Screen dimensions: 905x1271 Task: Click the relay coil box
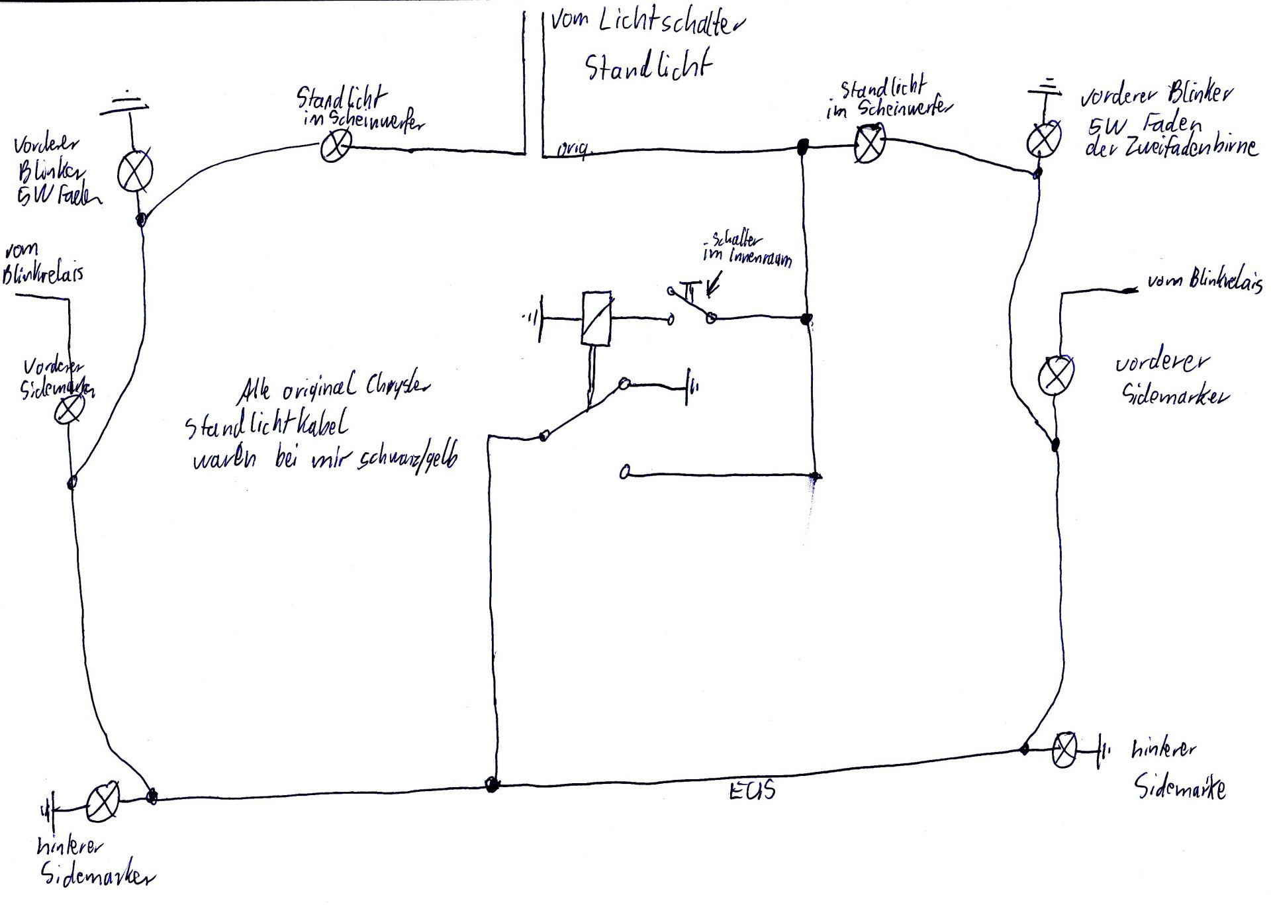point(596,318)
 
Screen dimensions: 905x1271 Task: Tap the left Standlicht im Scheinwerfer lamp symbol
point(336,147)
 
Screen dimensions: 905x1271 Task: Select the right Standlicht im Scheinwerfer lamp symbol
point(869,144)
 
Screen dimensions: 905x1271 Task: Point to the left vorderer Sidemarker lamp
point(68,410)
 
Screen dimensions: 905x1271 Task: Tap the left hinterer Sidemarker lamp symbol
point(103,800)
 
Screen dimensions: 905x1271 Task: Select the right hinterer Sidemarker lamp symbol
point(1064,750)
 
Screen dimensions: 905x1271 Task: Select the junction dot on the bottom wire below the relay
point(492,785)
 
